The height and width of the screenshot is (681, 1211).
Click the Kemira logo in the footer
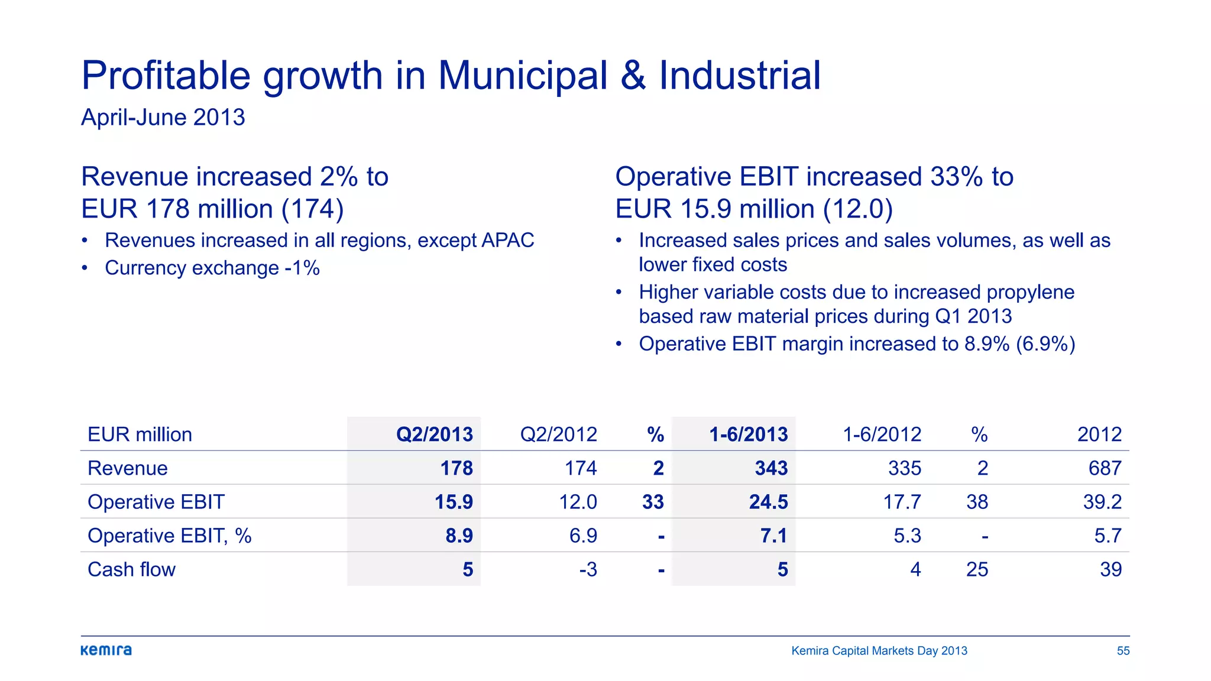click(106, 650)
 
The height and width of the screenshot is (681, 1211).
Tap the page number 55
click(1123, 651)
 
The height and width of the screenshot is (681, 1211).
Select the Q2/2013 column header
click(434, 434)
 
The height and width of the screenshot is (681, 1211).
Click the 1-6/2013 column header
click(748, 434)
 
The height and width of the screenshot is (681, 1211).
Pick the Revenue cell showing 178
click(456, 468)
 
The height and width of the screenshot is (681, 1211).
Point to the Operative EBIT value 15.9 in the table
click(454, 502)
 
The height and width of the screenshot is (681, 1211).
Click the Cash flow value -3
click(588, 569)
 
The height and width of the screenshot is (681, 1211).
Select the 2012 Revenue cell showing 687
click(1105, 468)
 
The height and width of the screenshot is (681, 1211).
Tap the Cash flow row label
click(131, 569)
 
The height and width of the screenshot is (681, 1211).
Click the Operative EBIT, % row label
click(169, 536)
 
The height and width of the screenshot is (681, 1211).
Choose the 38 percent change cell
click(977, 502)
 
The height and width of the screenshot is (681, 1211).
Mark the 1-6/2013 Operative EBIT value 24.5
click(768, 502)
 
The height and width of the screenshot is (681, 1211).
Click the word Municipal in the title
click(523, 76)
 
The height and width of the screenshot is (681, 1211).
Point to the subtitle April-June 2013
click(163, 117)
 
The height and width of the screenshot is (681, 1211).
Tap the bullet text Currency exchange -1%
click(212, 268)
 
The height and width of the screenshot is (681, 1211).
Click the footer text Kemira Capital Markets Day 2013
click(879, 651)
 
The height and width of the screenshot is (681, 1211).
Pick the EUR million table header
click(140, 434)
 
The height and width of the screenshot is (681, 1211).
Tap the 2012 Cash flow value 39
click(1110, 569)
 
